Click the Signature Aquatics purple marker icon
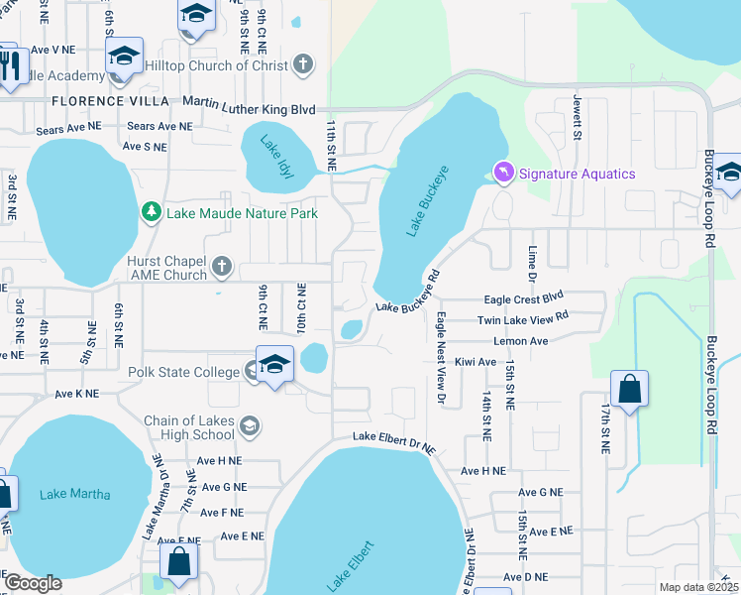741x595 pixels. (503, 174)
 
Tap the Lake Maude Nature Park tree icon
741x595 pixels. (151, 212)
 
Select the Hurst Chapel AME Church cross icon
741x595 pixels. (221, 268)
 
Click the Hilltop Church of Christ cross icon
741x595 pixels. (304, 65)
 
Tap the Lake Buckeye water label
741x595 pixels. (429, 199)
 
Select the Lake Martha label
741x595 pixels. (75, 495)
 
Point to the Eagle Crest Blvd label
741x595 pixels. (522, 298)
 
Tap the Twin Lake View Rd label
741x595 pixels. (522, 318)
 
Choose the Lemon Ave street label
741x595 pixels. (526, 340)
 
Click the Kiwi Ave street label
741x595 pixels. (474, 362)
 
